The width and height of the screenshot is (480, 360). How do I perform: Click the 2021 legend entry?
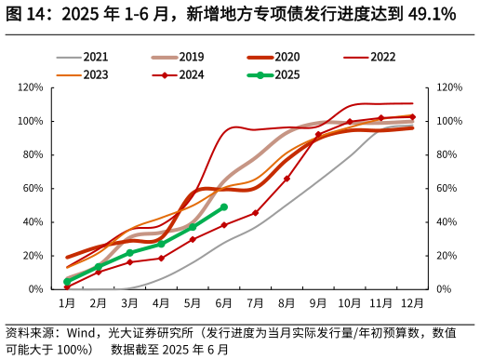coord(83,57)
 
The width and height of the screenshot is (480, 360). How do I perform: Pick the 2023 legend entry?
coord(83,74)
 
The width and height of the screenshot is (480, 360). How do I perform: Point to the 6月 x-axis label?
coord(223,303)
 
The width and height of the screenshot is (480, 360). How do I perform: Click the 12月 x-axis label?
coord(412,303)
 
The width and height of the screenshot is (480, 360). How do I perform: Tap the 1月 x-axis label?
coord(67,303)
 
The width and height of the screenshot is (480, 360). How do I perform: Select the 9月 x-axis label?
coord(318,303)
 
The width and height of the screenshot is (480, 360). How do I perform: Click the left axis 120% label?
coord(31,87)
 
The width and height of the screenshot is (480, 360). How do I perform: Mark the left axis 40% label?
coord(33,222)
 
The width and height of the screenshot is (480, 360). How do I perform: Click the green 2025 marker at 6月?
coord(224,207)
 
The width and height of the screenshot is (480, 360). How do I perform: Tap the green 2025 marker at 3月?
coord(129,253)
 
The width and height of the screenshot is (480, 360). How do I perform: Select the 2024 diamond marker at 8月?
coord(287,179)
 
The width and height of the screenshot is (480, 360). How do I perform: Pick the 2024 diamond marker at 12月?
coord(412,117)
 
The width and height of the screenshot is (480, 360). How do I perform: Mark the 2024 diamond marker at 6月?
coord(224,225)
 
